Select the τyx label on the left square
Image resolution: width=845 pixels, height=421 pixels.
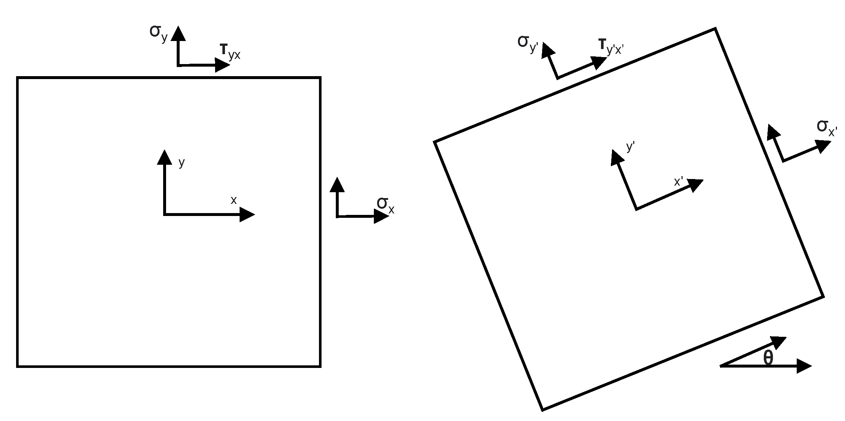pyautogui.click(x=230, y=51)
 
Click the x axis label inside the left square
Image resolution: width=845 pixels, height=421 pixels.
pyautogui.click(x=233, y=200)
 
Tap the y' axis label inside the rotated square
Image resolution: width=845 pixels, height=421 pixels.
pyautogui.click(x=630, y=147)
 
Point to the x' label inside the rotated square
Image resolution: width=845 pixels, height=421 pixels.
pyautogui.click(x=679, y=182)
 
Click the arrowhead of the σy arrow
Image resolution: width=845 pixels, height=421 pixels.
pyautogui.click(x=178, y=33)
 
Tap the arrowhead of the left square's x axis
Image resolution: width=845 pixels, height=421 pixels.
pyautogui.click(x=247, y=215)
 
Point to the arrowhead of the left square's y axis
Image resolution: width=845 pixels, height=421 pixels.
pyautogui.click(x=164, y=157)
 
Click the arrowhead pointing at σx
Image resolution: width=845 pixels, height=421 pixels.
pyautogui.click(x=381, y=217)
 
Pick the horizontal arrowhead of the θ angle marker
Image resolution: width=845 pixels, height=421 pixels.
pyautogui.click(x=804, y=366)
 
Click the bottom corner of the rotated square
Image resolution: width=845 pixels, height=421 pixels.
pyautogui.click(x=542, y=410)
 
